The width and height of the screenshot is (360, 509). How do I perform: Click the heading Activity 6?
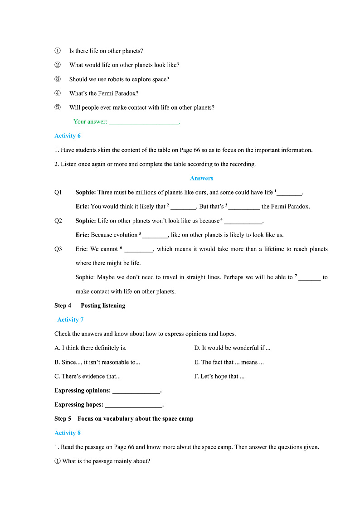click(68, 136)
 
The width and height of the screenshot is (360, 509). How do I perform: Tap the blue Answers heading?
click(201, 178)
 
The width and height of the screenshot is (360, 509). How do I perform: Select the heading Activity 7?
click(70, 320)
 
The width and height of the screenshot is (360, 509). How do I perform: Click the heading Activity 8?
click(68, 433)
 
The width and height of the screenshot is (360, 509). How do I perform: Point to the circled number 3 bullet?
click(58, 79)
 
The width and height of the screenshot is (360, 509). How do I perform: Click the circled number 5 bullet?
click(58, 107)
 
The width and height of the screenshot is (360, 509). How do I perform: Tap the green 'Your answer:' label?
click(90, 121)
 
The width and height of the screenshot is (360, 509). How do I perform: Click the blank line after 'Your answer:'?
click(144, 122)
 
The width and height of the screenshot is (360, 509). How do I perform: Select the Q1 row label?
click(58, 192)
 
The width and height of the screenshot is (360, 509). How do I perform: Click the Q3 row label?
click(58, 249)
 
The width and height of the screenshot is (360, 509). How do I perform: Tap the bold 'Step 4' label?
click(63, 305)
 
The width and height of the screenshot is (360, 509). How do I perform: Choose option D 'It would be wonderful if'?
click(232, 348)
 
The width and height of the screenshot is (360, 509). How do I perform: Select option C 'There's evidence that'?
click(88, 376)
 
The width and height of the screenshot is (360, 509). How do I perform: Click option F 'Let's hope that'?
click(219, 376)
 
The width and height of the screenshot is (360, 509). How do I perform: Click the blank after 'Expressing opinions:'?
click(136, 391)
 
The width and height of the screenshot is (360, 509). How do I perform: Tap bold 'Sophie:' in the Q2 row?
click(86, 221)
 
